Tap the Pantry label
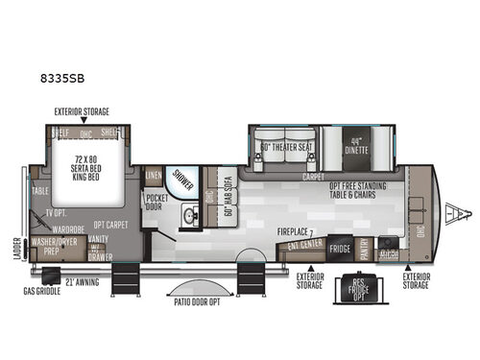(366, 248)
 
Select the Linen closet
(154, 177)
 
